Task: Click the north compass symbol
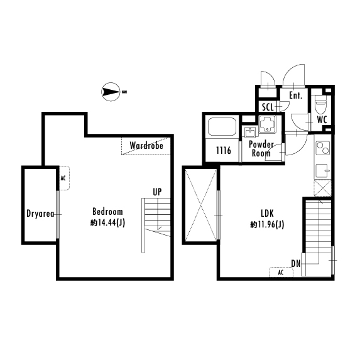pos(111,92)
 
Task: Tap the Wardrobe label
pos(146,146)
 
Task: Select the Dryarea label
pos(40,214)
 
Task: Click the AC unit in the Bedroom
pos(64,178)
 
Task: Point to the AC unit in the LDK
pos(281,272)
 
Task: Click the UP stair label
pos(157,192)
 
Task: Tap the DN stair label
pos(296,264)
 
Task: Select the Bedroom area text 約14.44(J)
pos(107,222)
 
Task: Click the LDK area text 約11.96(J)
pos(267,224)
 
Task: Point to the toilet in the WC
pos(320,104)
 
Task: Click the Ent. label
pos(295,95)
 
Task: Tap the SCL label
pos(268,107)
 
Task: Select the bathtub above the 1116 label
pos(222,127)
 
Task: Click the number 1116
pos(224,150)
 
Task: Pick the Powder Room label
pos(261,149)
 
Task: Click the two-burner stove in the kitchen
pos(322,148)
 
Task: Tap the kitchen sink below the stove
pos(322,171)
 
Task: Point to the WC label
pos(322,120)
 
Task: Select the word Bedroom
pos(107,212)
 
